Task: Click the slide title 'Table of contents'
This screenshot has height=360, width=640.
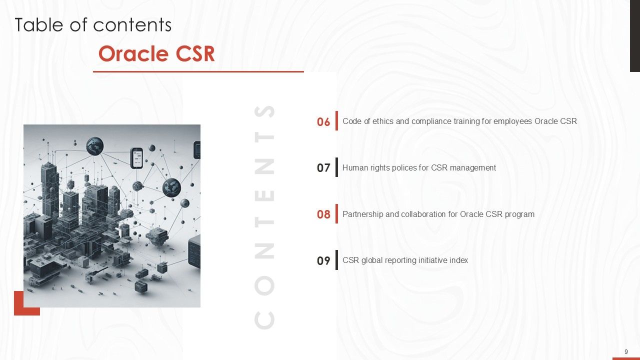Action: (93, 25)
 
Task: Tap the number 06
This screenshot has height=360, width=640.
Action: (323, 121)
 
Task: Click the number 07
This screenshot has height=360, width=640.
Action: (323, 168)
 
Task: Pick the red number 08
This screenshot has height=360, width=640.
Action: (323, 214)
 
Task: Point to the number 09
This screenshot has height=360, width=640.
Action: (323, 260)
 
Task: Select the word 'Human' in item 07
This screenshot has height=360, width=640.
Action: (354, 167)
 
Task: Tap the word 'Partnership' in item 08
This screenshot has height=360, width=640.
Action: (363, 214)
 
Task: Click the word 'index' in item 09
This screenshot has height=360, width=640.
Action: (458, 260)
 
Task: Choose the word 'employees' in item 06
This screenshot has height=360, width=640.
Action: (516, 121)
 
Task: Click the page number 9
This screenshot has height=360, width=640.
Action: (626, 352)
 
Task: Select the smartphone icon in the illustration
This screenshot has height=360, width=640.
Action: (136, 157)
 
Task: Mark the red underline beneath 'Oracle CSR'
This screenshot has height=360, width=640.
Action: (198, 72)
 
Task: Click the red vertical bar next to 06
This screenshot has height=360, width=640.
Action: (336, 120)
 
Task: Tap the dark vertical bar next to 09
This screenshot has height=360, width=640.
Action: (336, 260)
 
